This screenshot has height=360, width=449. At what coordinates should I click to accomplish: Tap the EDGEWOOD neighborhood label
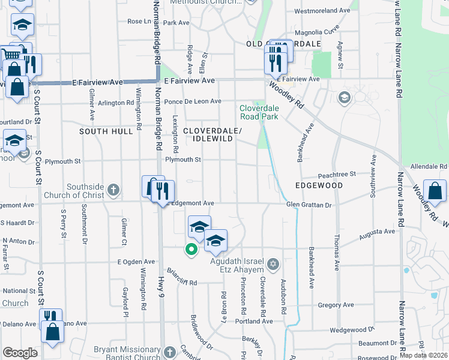click(319, 185)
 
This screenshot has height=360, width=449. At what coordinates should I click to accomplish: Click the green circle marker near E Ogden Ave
click(191, 249)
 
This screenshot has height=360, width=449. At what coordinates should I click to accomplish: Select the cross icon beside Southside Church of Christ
click(113, 191)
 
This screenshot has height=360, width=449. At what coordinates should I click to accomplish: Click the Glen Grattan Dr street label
click(309, 205)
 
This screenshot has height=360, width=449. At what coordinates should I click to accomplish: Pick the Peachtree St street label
click(337, 173)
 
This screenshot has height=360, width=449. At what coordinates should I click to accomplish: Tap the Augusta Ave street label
click(377, 233)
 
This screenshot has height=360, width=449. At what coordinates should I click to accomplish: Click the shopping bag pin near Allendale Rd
click(435, 192)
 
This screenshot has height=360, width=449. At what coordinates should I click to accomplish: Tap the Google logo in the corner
click(20, 352)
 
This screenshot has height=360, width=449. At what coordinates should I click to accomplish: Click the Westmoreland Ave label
click(322, 11)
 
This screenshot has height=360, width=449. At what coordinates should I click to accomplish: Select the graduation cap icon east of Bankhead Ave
click(345, 97)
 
